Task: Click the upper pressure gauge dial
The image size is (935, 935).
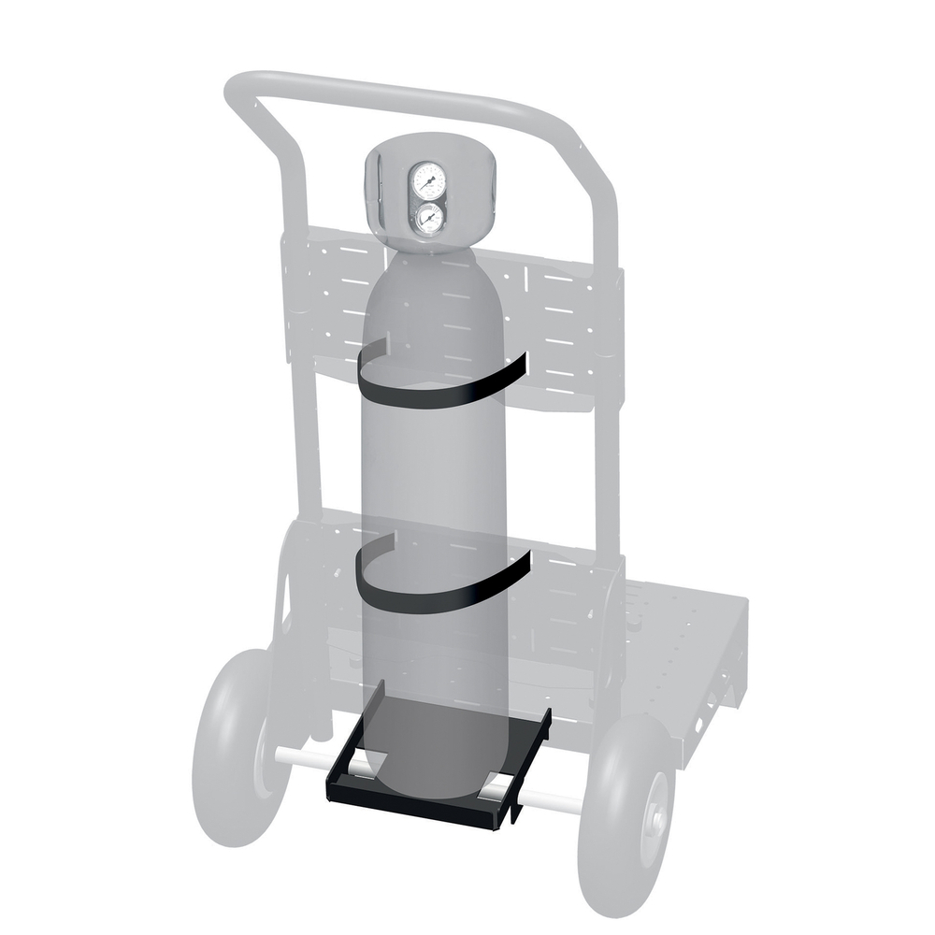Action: click(x=427, y=178)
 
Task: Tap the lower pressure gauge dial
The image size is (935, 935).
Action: click(x=428, y=219)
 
